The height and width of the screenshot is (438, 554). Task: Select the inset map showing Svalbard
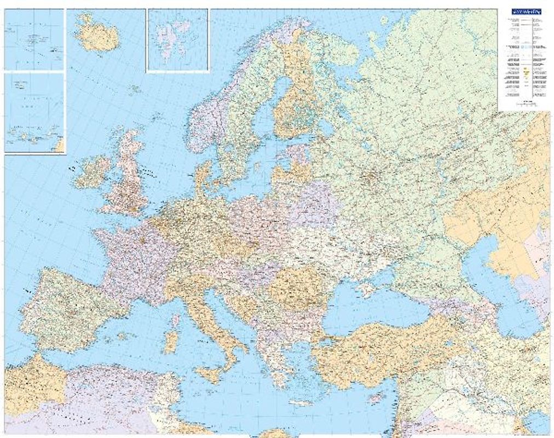[177, 39]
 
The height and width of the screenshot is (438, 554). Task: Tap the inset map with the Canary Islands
[34, 112]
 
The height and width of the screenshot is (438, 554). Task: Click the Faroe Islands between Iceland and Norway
[133, 87]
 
